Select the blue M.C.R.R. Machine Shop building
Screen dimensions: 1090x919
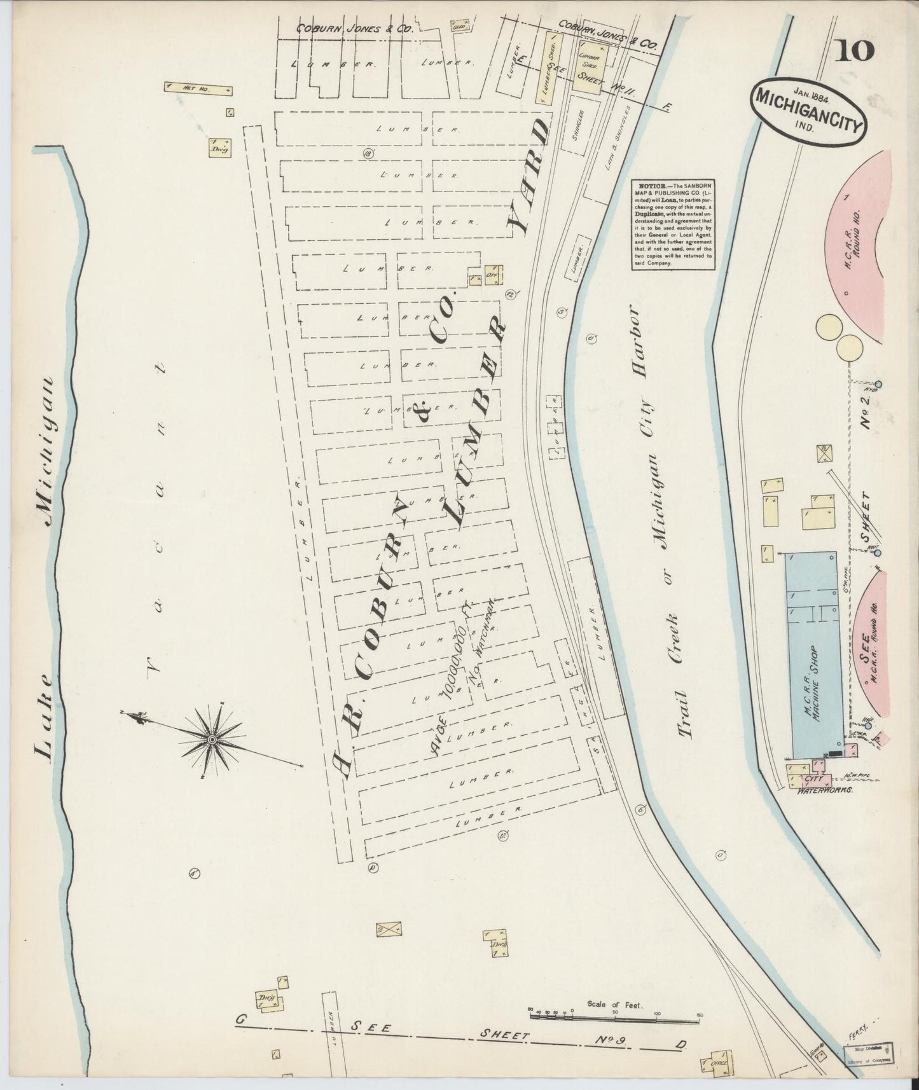(814, 655)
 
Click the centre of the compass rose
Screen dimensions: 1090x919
(212, 740)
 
